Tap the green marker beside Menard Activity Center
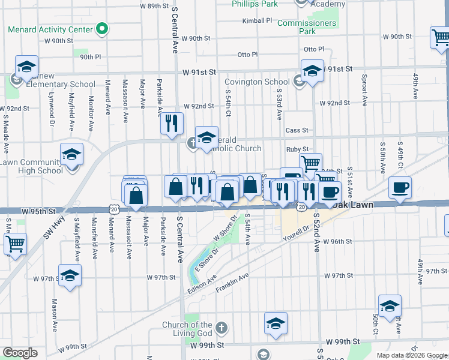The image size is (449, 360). [103, 28]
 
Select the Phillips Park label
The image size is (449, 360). [255, 4]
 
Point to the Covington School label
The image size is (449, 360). [257, 82]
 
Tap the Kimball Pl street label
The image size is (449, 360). [257, 20]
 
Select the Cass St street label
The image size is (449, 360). [297, 130]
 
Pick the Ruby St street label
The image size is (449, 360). [297, 149]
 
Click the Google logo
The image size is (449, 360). [20, 353]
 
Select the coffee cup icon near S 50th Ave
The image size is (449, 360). [400, 188]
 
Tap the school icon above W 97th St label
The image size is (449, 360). [70, 276]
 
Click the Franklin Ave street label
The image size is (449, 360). [232, 284]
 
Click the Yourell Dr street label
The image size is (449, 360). [297, 233]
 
